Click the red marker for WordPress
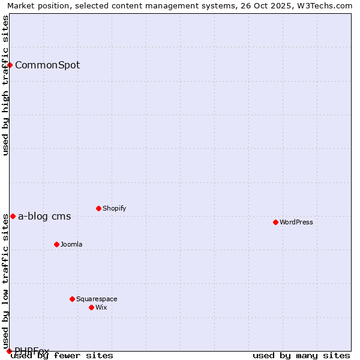click(275, 222)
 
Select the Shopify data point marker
click(98, 208)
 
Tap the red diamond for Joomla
click(56, 244)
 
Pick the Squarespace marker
click(72, 299)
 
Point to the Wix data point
click(91, 307)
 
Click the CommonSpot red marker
click(10, 65)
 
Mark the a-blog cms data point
click(13, 216)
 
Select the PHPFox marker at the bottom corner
click(9, 351)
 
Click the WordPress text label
click(296, 222)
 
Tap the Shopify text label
click(115, 208)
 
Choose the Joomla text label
click(71, 244)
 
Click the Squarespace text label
click(97, 299)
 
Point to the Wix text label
click(101, 307)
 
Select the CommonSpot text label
click(47, 65)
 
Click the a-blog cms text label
click(44, 217)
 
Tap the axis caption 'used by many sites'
click(301, 355)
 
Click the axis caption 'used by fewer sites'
click(62, 355)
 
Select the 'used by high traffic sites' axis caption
click(5, 85)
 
